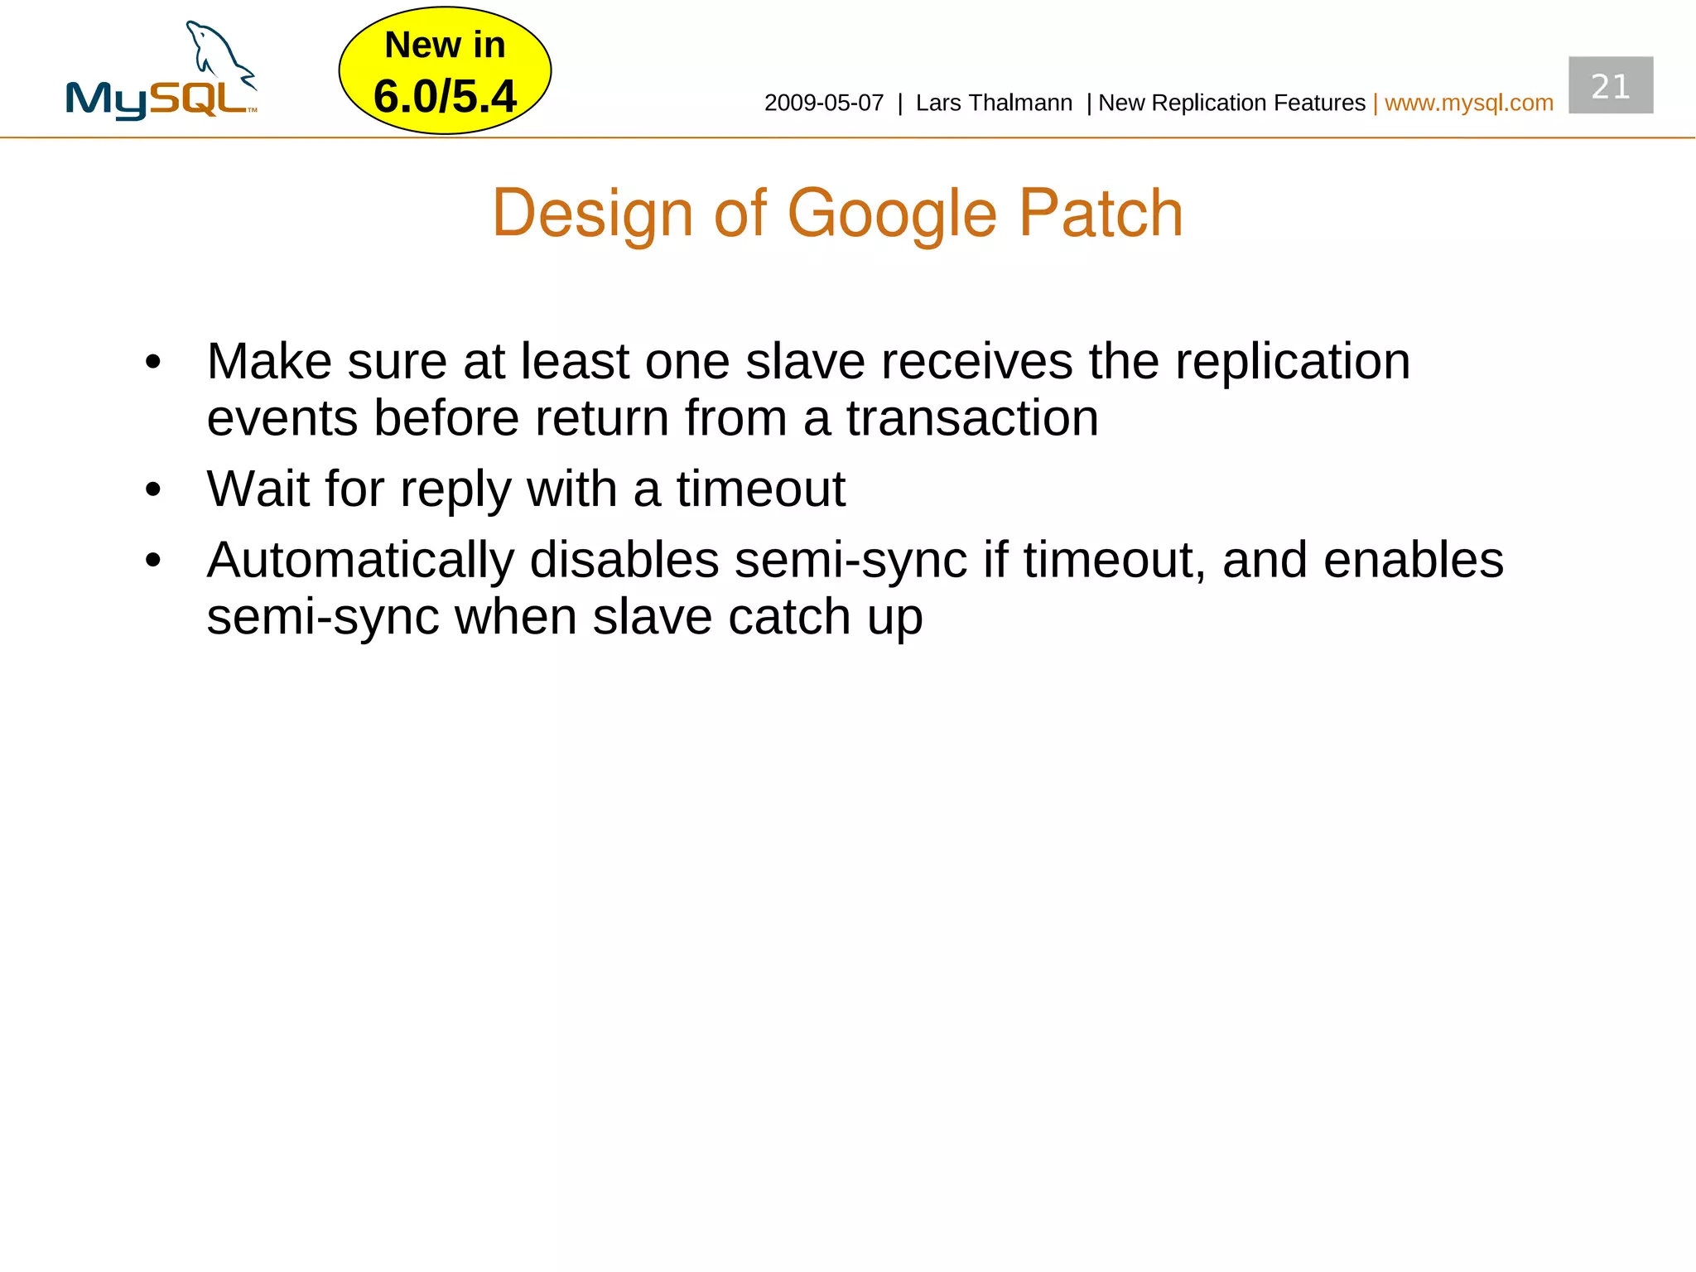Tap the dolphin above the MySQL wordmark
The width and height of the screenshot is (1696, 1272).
[x=218, y=52]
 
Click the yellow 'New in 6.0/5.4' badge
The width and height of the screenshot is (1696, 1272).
[x=445, y=70]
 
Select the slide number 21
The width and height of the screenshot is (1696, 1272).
[x=1610, y=86]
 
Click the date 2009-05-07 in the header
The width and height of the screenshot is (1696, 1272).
[x=823, y=103]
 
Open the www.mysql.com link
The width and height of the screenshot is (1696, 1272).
[x=1468, y=103]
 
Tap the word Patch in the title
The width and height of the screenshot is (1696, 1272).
[x=1101, y=214]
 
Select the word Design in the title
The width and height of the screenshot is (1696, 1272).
[x=592, y=214]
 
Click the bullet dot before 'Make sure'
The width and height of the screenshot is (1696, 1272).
[x=152, y=362]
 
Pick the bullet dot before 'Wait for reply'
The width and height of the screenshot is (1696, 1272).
[x=152, y=489]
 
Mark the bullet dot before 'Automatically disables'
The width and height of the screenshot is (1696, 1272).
[x=152, y=561]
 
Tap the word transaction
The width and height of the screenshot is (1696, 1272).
[x=972, y=418]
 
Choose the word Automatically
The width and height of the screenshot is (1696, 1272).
[x=360, y=561]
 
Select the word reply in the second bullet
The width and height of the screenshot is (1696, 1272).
[x=455, y=489]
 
